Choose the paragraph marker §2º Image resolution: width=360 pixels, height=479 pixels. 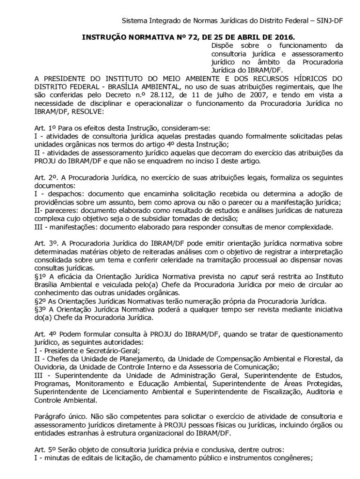pyautogui.click(x=41, y=301)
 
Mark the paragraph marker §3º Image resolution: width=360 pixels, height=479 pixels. pyautogui.click(x=41, y=310)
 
